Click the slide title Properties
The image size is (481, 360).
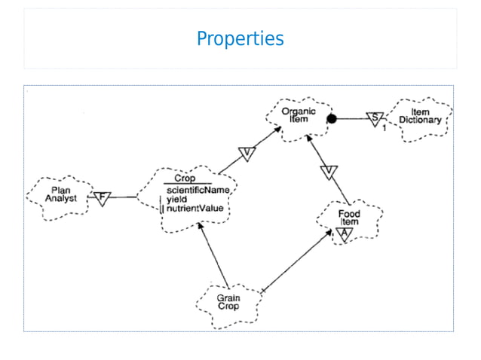coord(240,38)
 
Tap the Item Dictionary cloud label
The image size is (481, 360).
coord(420,116)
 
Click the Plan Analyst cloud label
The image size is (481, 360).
coord(61,194)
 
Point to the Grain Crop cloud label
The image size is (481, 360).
coord(228,302)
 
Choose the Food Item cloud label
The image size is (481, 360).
coord(348,218)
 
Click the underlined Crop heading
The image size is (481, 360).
coord(185,178)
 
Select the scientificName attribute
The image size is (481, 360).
coord(198,191)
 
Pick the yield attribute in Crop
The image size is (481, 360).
coord(177,200)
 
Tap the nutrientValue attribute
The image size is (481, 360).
coord(195,209)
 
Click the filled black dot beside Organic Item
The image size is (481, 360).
coord(330,118)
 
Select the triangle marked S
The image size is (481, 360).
coord(374,118)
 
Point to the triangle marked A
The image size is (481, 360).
coord(343,233)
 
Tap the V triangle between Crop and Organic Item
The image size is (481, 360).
coord(248,154)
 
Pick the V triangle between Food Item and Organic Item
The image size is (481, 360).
coord(327,172)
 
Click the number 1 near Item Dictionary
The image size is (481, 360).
coord(384,128)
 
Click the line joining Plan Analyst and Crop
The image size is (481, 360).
coord(124,197)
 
